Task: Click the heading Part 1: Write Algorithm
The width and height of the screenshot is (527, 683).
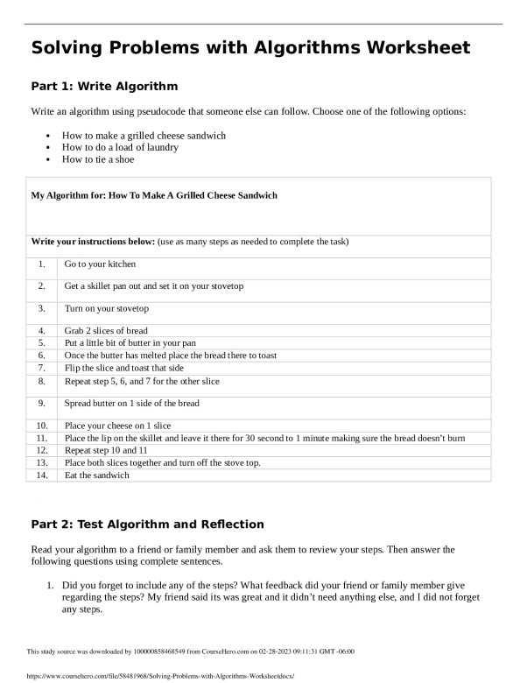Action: [x=104, y=87]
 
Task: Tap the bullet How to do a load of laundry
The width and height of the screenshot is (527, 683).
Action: [x=120, y=147]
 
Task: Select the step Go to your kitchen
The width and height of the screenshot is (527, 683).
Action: [x=100, y=264]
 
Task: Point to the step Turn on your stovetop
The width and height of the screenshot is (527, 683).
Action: [x=107, y=309]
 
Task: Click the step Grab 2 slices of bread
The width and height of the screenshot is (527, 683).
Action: [x=106, y=331]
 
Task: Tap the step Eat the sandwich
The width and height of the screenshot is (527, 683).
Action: [x=97, y=475]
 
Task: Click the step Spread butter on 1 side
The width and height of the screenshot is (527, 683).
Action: [x=132, y=404]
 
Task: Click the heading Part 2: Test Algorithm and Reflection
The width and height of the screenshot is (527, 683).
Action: [x=147, y=525]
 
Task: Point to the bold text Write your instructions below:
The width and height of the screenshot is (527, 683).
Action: [x=94, y=241]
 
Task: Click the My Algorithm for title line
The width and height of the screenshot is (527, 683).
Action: [x=154, y=195]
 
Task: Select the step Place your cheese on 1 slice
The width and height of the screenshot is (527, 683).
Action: [x=118, y=426]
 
